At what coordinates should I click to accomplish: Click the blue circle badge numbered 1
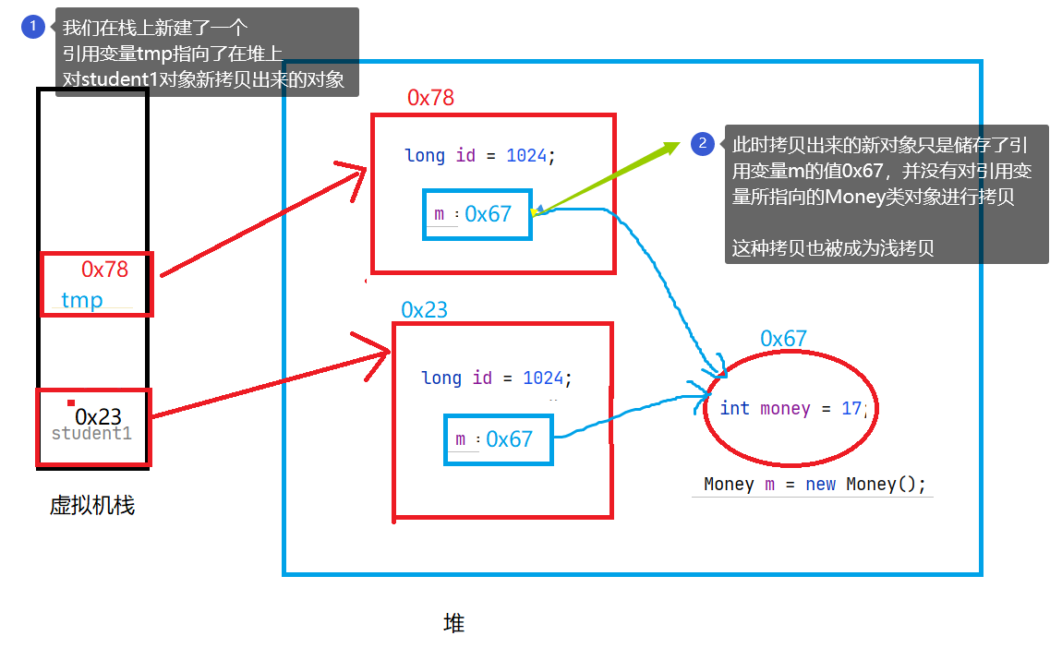tap(32, 27)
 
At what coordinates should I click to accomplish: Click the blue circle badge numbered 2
tap(702, 143)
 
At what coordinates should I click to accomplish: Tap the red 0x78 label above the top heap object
tap(430, 98)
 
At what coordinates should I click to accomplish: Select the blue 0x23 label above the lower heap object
tap(424, 309)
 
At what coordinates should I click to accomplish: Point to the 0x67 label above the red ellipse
tap(783, 339)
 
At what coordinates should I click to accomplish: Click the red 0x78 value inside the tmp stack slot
tap(104, 270)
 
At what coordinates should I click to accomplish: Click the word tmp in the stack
tap(82, 300)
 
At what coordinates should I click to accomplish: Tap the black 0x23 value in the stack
tap(98, 417)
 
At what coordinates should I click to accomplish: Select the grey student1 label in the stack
tap(91, 434)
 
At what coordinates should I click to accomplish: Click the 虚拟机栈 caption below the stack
tap(91, 506)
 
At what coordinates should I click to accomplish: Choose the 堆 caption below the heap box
tap(453, 623)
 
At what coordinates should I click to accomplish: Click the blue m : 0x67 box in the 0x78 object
tap(477, 214)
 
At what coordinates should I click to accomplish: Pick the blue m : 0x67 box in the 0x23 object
tap(499, 439)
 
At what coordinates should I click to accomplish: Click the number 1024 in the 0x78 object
tap(526, 156)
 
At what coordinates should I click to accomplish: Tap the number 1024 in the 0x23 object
tap(543, 378)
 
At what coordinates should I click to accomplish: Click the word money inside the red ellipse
tap(785, 408)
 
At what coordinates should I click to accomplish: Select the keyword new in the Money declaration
tap(820, 485)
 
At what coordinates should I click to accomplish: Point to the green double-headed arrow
tap(609, 177)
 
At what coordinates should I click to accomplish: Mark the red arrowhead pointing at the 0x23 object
tap(379, 351)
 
